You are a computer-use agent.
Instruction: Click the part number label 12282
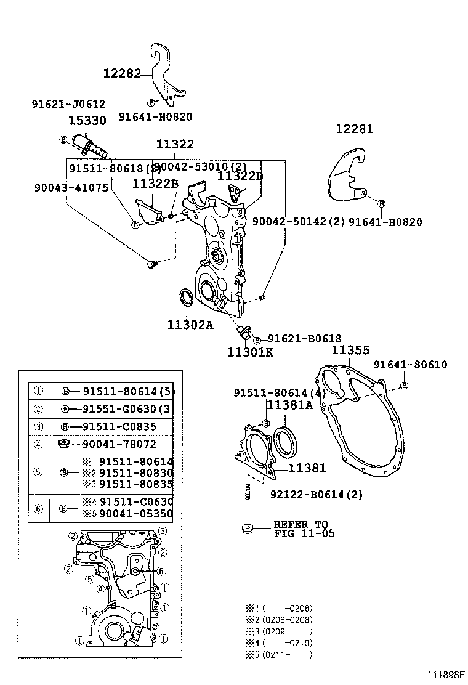(122, 73)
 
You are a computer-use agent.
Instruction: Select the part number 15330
(87, 121)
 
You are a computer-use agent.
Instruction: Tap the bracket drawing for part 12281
(346, 174)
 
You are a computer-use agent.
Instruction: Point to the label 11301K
(249, 352)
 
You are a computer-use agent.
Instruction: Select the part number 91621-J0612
(68, 105)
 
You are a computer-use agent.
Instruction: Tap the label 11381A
(289, 405)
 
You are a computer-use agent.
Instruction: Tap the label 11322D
(240, 176)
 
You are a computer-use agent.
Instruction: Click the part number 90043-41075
(63, 187)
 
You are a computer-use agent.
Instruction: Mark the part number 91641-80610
(410, 365)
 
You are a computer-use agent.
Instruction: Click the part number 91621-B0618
(304, 339)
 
